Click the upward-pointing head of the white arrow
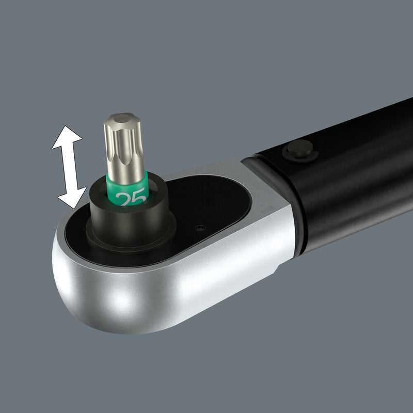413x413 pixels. tap(67, 137)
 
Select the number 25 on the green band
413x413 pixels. tap(130, 198)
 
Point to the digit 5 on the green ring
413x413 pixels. tap(138, 198)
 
